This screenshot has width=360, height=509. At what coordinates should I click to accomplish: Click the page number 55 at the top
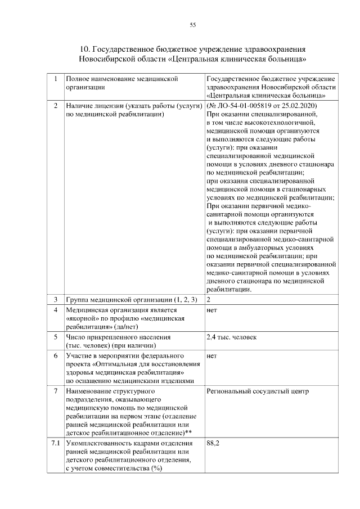coord(192,25)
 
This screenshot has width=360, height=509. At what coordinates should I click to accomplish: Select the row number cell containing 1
coord(55,79)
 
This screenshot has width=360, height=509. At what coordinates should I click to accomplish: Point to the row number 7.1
coord(55,444)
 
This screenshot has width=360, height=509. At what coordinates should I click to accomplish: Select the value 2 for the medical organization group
coord(209,299)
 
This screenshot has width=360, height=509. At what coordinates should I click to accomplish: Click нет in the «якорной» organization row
coord(212,310)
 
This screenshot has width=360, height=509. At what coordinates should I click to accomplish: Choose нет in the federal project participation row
coord(212,356)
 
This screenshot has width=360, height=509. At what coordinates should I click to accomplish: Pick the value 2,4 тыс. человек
coord(231,337)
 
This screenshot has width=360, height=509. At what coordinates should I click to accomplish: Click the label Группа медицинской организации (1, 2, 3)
coord(130,299)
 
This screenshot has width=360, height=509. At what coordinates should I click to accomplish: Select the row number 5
coord(55,337)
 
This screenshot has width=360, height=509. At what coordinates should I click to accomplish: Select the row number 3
coord(55,299)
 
